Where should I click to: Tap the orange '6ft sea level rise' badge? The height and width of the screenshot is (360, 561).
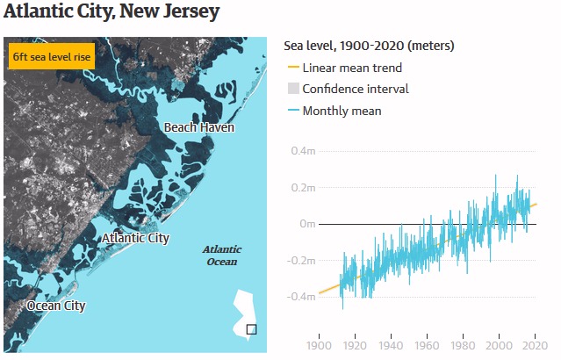pos(51,57)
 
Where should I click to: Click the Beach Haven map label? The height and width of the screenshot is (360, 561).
pos(199,128)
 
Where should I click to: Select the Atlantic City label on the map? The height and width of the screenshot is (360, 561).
pos(135,238)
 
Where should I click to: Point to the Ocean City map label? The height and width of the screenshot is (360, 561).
pos(56,306)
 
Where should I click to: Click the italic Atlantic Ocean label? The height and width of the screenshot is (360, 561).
pos(221,255)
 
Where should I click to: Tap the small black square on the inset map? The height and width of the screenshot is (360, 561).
pos(251,329)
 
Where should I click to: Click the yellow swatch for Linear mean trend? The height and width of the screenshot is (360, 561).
pos(293,68)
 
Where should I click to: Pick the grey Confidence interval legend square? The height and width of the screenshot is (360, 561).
pos(293,89)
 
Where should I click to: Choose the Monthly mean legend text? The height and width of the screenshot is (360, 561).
pos(342,111)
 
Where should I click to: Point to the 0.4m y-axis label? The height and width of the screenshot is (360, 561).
pos(303,151)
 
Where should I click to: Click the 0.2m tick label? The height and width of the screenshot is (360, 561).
pos(303,188)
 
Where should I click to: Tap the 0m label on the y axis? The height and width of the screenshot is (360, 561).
pos(307,224)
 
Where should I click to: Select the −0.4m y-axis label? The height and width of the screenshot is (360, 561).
pos(300,297)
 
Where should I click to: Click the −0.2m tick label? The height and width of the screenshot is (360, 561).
pos(300,261)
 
